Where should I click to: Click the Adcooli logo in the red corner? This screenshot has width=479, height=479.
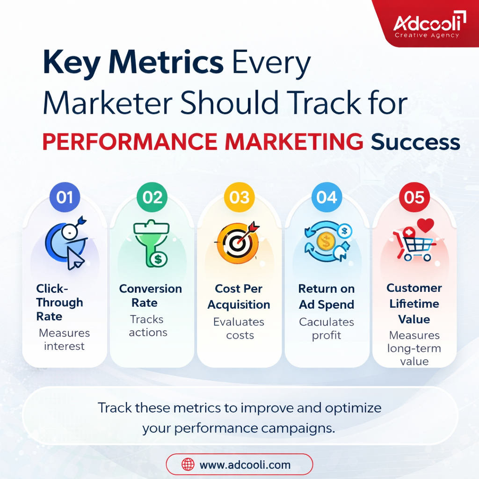click(429, 24)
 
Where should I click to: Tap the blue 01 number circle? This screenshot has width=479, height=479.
click(65, 197)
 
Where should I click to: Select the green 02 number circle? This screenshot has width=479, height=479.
click(152, 197)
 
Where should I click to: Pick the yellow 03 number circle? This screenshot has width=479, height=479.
click(239, 197)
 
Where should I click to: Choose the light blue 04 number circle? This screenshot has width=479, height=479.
click(327, 197)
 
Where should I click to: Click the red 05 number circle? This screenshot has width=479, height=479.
click(414, 197)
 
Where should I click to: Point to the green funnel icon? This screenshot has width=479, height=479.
click(152, 243)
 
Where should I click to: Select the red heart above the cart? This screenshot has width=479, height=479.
click(425, 225)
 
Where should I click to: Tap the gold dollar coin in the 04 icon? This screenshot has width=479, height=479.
click(326, 241)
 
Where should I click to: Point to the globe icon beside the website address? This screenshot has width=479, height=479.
click(188, 464)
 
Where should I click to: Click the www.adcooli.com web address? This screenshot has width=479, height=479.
click(245, 464)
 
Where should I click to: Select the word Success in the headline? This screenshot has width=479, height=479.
click(415, 142)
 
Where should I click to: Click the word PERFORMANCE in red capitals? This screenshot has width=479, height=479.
click(130, 142)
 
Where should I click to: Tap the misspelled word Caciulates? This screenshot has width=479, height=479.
click(327, 322)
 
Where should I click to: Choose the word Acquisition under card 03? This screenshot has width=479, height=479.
click(239, 305)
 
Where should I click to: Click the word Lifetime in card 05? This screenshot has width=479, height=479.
click(414, 304)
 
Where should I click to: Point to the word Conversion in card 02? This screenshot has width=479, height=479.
click(151, 289)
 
